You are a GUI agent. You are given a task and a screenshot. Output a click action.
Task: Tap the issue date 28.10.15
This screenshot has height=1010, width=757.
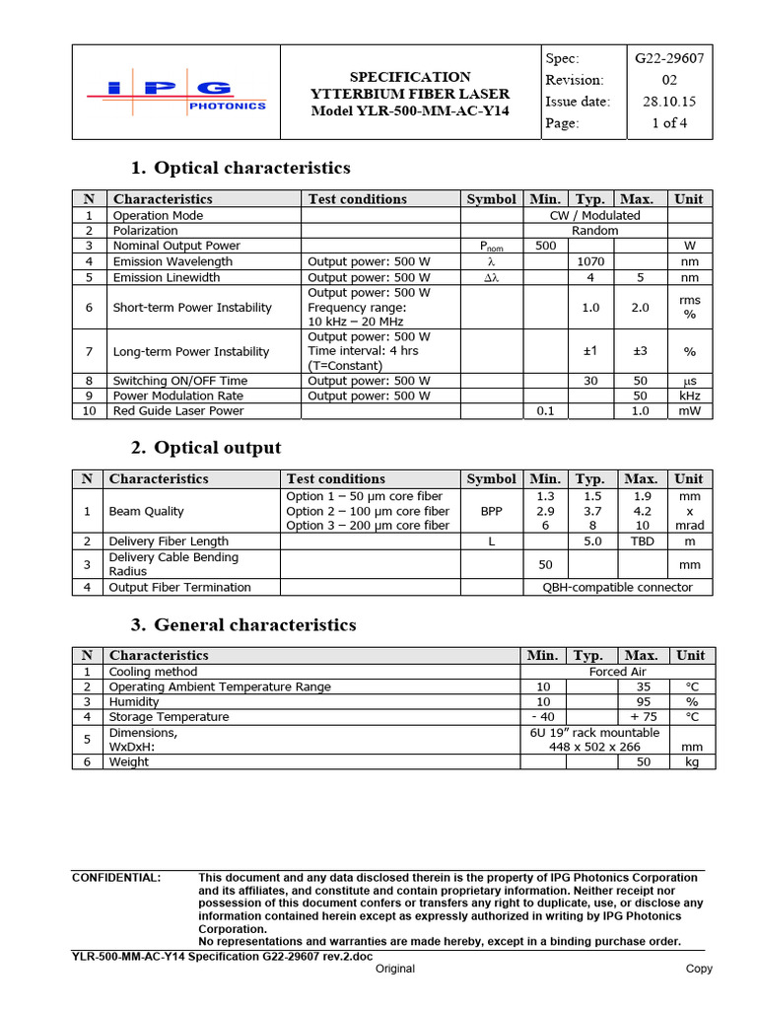pos(669,102)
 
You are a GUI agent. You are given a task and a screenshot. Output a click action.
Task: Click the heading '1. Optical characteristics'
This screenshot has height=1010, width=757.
pos(241,168)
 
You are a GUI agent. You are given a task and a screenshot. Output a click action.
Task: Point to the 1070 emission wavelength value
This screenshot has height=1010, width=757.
pos(590,261)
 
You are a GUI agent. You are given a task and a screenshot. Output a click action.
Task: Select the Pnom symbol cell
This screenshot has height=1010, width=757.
pos(491,247)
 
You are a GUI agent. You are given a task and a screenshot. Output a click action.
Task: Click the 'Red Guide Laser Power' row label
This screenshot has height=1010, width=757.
pos(177,410)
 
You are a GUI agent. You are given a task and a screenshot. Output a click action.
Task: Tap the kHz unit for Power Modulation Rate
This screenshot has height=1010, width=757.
pos(689,396)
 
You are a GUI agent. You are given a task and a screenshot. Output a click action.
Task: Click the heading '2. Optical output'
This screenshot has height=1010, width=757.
pos(206,448)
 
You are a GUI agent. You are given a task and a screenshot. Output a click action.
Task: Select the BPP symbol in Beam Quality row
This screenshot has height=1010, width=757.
pos(491,511)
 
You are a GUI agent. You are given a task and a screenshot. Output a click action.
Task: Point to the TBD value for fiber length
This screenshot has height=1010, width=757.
pos(641,541)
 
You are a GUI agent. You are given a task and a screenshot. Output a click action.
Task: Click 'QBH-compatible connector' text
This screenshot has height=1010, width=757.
pos(618,587)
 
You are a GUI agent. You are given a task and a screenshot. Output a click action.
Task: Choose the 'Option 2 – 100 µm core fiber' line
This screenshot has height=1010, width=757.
pos(368,511)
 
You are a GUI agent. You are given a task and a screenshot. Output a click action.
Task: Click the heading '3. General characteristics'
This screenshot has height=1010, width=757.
pos(243,624)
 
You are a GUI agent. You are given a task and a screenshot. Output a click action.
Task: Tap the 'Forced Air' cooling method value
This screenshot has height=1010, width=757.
pos(617,671)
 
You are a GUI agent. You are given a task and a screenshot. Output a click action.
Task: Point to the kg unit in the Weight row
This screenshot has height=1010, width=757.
pos(691,761)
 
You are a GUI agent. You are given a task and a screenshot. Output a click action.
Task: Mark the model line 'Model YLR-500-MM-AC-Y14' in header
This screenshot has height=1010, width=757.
pos(410,110)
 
